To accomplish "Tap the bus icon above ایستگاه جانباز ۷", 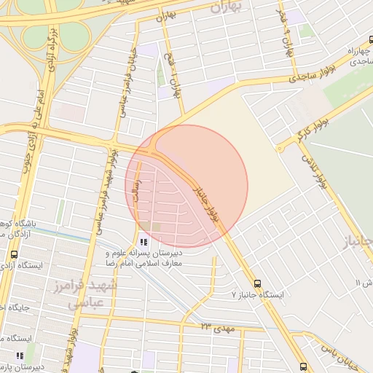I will (256, 283).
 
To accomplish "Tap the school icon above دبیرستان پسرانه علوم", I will (143, 240).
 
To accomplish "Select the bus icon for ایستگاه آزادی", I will (14, 254).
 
